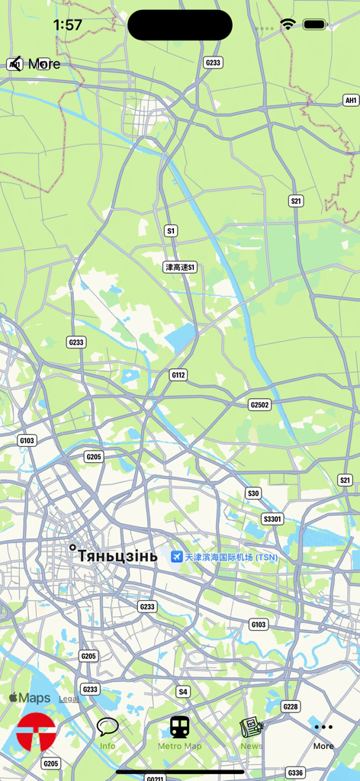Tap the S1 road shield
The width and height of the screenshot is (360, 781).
171,230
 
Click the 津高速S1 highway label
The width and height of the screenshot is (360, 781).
181,267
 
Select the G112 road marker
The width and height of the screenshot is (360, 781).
178,375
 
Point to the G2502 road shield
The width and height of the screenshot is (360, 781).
260,404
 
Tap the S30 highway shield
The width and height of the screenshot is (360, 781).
253,493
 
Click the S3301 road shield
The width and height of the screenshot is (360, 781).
272,519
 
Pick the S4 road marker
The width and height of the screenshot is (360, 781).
183,692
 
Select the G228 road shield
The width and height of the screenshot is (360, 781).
291,707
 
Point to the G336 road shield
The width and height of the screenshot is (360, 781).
295,773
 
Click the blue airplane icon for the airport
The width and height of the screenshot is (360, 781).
176,557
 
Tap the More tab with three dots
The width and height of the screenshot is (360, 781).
323,733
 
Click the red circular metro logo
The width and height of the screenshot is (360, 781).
36,732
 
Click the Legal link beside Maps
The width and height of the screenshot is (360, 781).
69,699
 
